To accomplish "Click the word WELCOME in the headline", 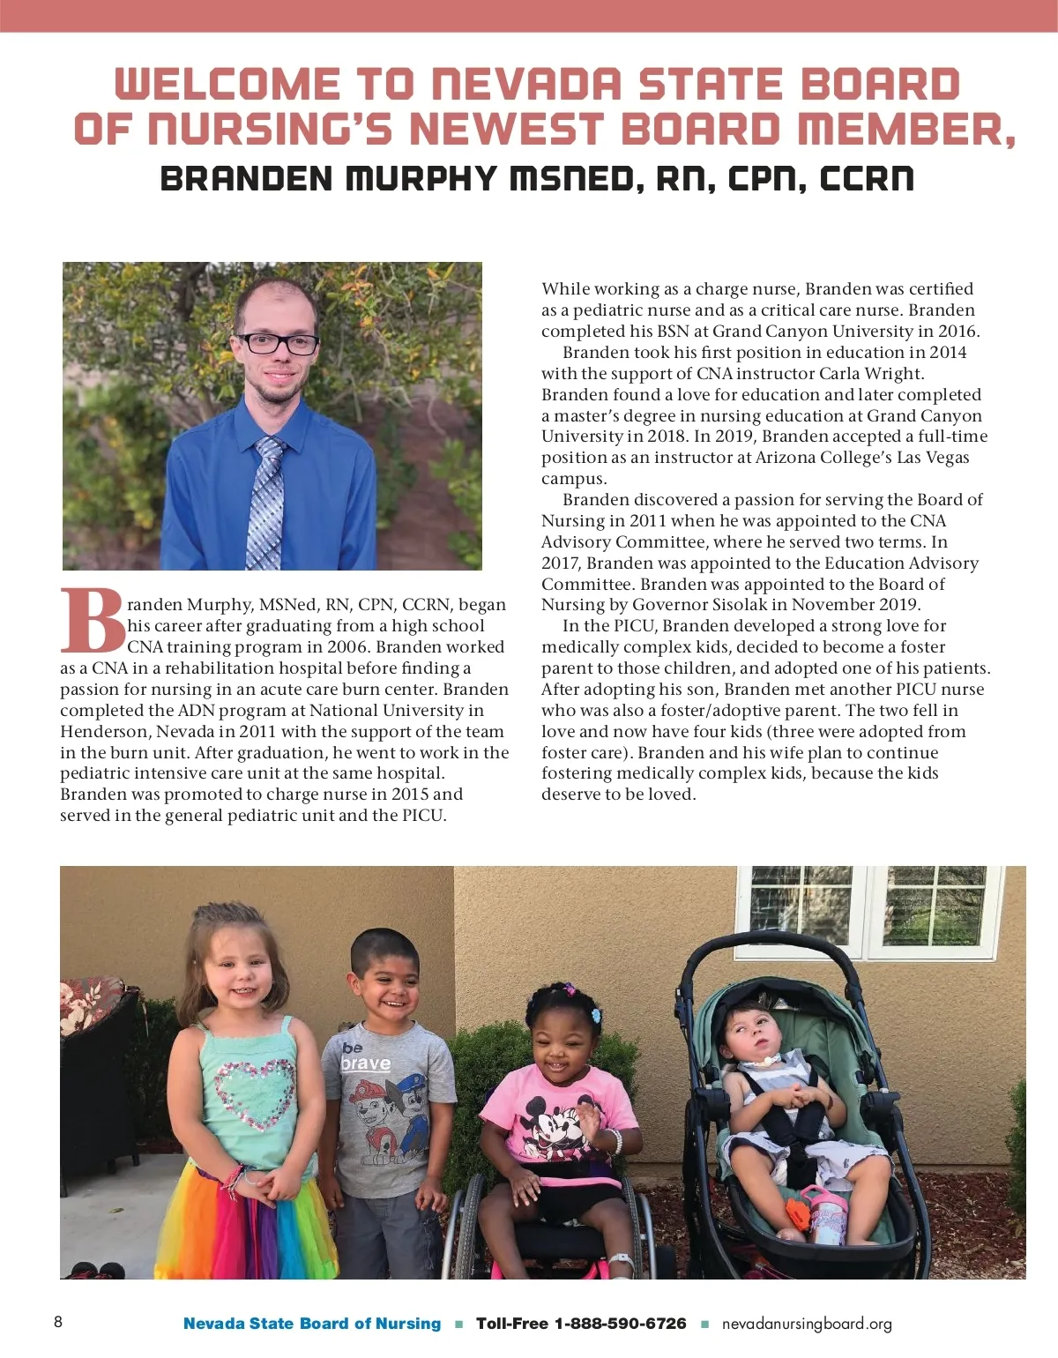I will pos(227,85).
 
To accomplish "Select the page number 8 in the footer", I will pos(58,1322).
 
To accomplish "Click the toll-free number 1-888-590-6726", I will pos(619,1324).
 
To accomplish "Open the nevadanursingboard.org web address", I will pos(807,1324).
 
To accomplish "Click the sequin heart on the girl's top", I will pos(254,1093).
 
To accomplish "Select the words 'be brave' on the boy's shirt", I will pos(364,1057).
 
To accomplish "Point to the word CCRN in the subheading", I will pos(867,179).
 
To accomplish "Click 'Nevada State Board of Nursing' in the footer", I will pos(312,1324).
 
